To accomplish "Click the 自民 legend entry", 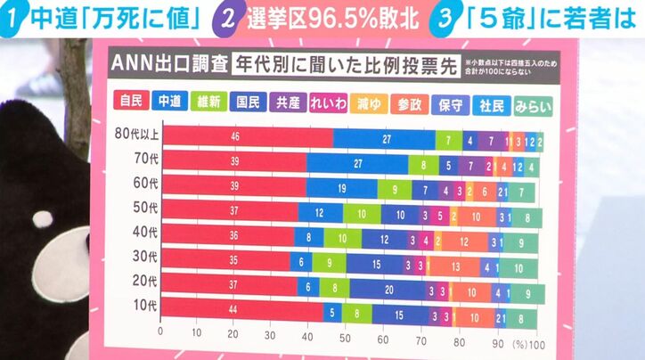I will point(131,102).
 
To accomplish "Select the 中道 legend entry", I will point(171,102).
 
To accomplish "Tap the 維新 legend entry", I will point(211,102).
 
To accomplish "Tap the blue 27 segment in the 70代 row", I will point(356,164).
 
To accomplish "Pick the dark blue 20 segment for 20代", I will point(388,290).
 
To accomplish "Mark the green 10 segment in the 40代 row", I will point(342,239).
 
